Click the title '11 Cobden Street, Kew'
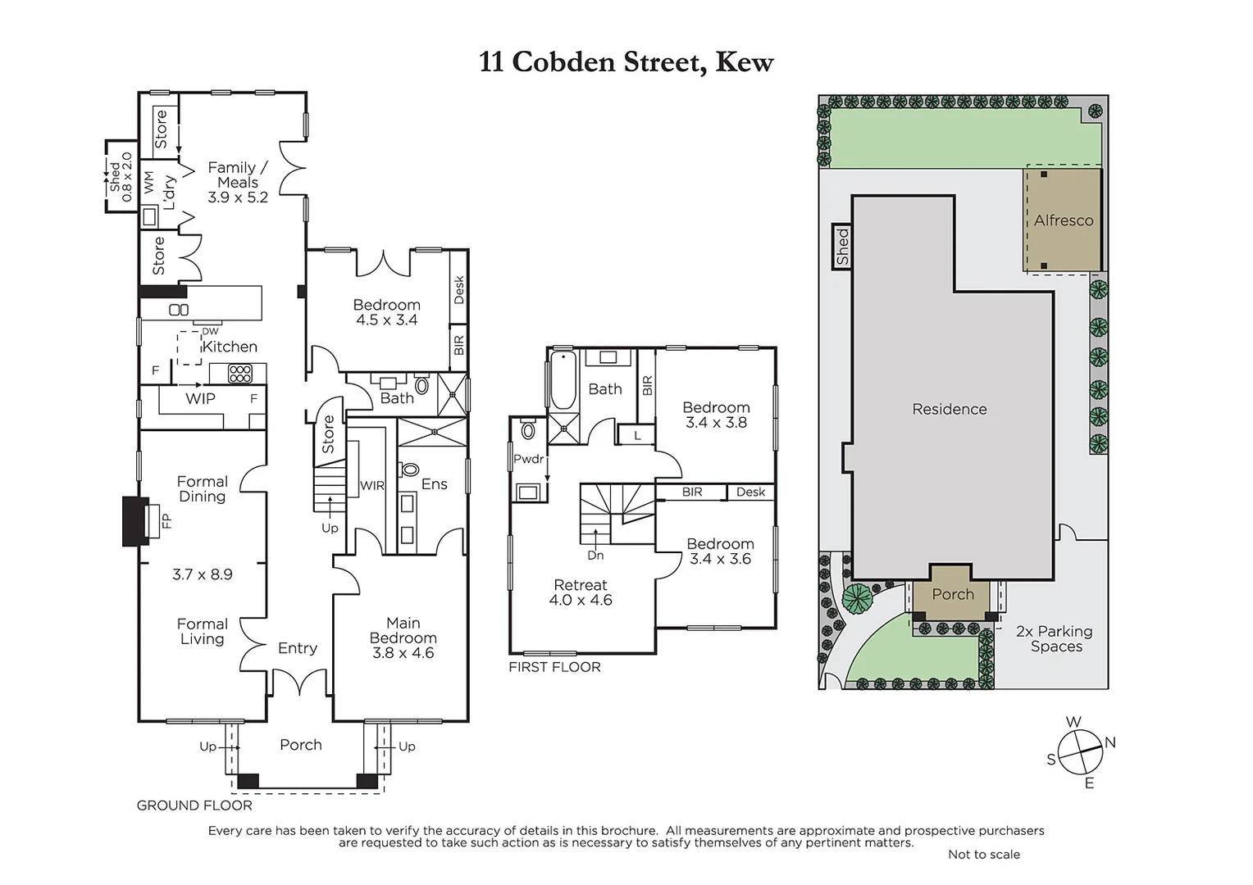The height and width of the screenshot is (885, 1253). click(626, 62)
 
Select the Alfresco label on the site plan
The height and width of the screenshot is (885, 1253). click(1063, 220)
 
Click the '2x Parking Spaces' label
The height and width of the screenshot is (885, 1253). click(1055, 638)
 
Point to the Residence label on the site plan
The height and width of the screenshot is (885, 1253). click(949, 409)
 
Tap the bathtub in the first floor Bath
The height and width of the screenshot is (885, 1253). click(563, 381)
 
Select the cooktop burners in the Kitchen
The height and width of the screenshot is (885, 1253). click(239, 374)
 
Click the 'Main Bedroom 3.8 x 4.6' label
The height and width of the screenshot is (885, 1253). click(403, 638)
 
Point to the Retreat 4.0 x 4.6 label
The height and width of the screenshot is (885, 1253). click(581, 592)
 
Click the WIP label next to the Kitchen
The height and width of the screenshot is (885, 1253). click(200, 398)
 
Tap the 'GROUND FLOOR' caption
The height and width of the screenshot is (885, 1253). click(194, 806)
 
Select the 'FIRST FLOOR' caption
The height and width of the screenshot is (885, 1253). click(554, 667)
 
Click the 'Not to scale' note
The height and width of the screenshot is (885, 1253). click(983, 854)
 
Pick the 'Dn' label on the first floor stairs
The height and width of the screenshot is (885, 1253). click(595, 555)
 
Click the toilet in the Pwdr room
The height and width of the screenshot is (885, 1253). click(528, 430)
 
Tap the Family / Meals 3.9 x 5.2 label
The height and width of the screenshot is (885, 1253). click(237, 182)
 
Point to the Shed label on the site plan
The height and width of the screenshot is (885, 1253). click(842, 246)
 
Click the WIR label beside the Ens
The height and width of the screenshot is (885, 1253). click(371, 486)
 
